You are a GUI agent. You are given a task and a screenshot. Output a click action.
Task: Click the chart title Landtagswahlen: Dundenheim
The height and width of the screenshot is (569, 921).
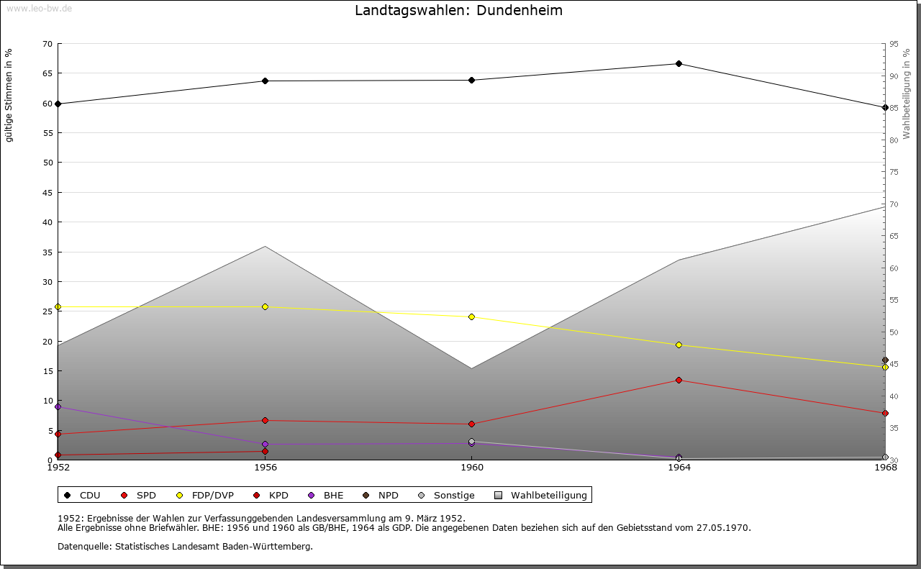click(x=458, y=11)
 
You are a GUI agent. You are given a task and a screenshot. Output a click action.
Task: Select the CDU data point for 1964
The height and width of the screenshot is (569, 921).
click(x=679, y=64)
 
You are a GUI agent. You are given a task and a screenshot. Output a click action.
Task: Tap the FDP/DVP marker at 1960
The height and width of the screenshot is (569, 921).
click(x=471, y=317)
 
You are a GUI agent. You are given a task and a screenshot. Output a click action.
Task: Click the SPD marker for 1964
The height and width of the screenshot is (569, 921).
click(x=679, y=381)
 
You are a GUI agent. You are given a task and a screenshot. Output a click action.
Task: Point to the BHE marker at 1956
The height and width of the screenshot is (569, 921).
click(x=265, y=445)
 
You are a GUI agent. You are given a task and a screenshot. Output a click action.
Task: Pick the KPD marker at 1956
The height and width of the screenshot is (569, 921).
click(x=265, y=452)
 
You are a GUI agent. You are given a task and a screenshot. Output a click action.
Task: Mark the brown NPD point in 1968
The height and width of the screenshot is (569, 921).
click(x=885, y=360)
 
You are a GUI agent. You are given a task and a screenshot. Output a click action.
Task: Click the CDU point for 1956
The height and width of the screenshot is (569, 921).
click(x=265, y=81)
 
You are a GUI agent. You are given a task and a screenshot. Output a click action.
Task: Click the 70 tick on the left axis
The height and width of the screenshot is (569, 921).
click(x=47, y=44)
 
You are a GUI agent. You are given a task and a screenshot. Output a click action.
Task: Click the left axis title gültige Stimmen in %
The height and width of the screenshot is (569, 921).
click(x=9, y=95)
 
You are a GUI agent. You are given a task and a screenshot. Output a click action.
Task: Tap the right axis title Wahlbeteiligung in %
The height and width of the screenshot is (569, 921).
click(x=907, y=94)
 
